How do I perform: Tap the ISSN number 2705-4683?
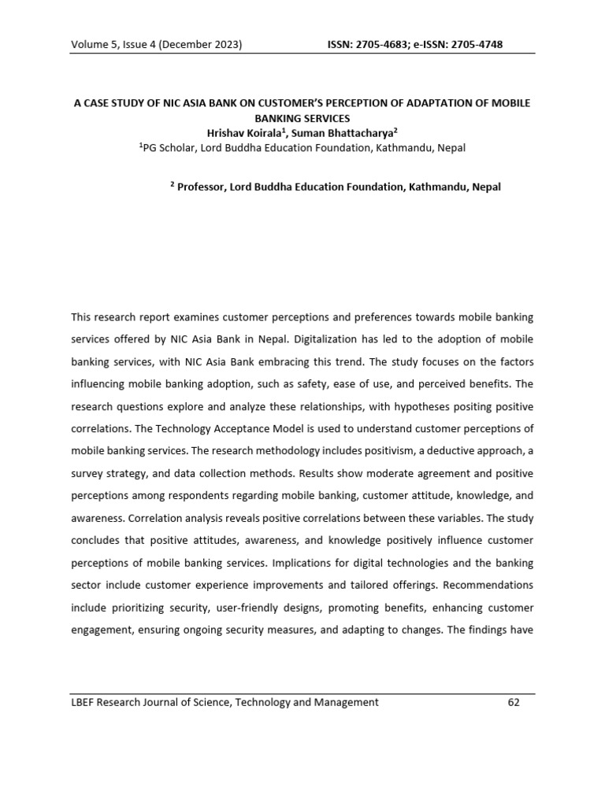tap(387, 44)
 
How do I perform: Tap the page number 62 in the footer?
tap(514, 703)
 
